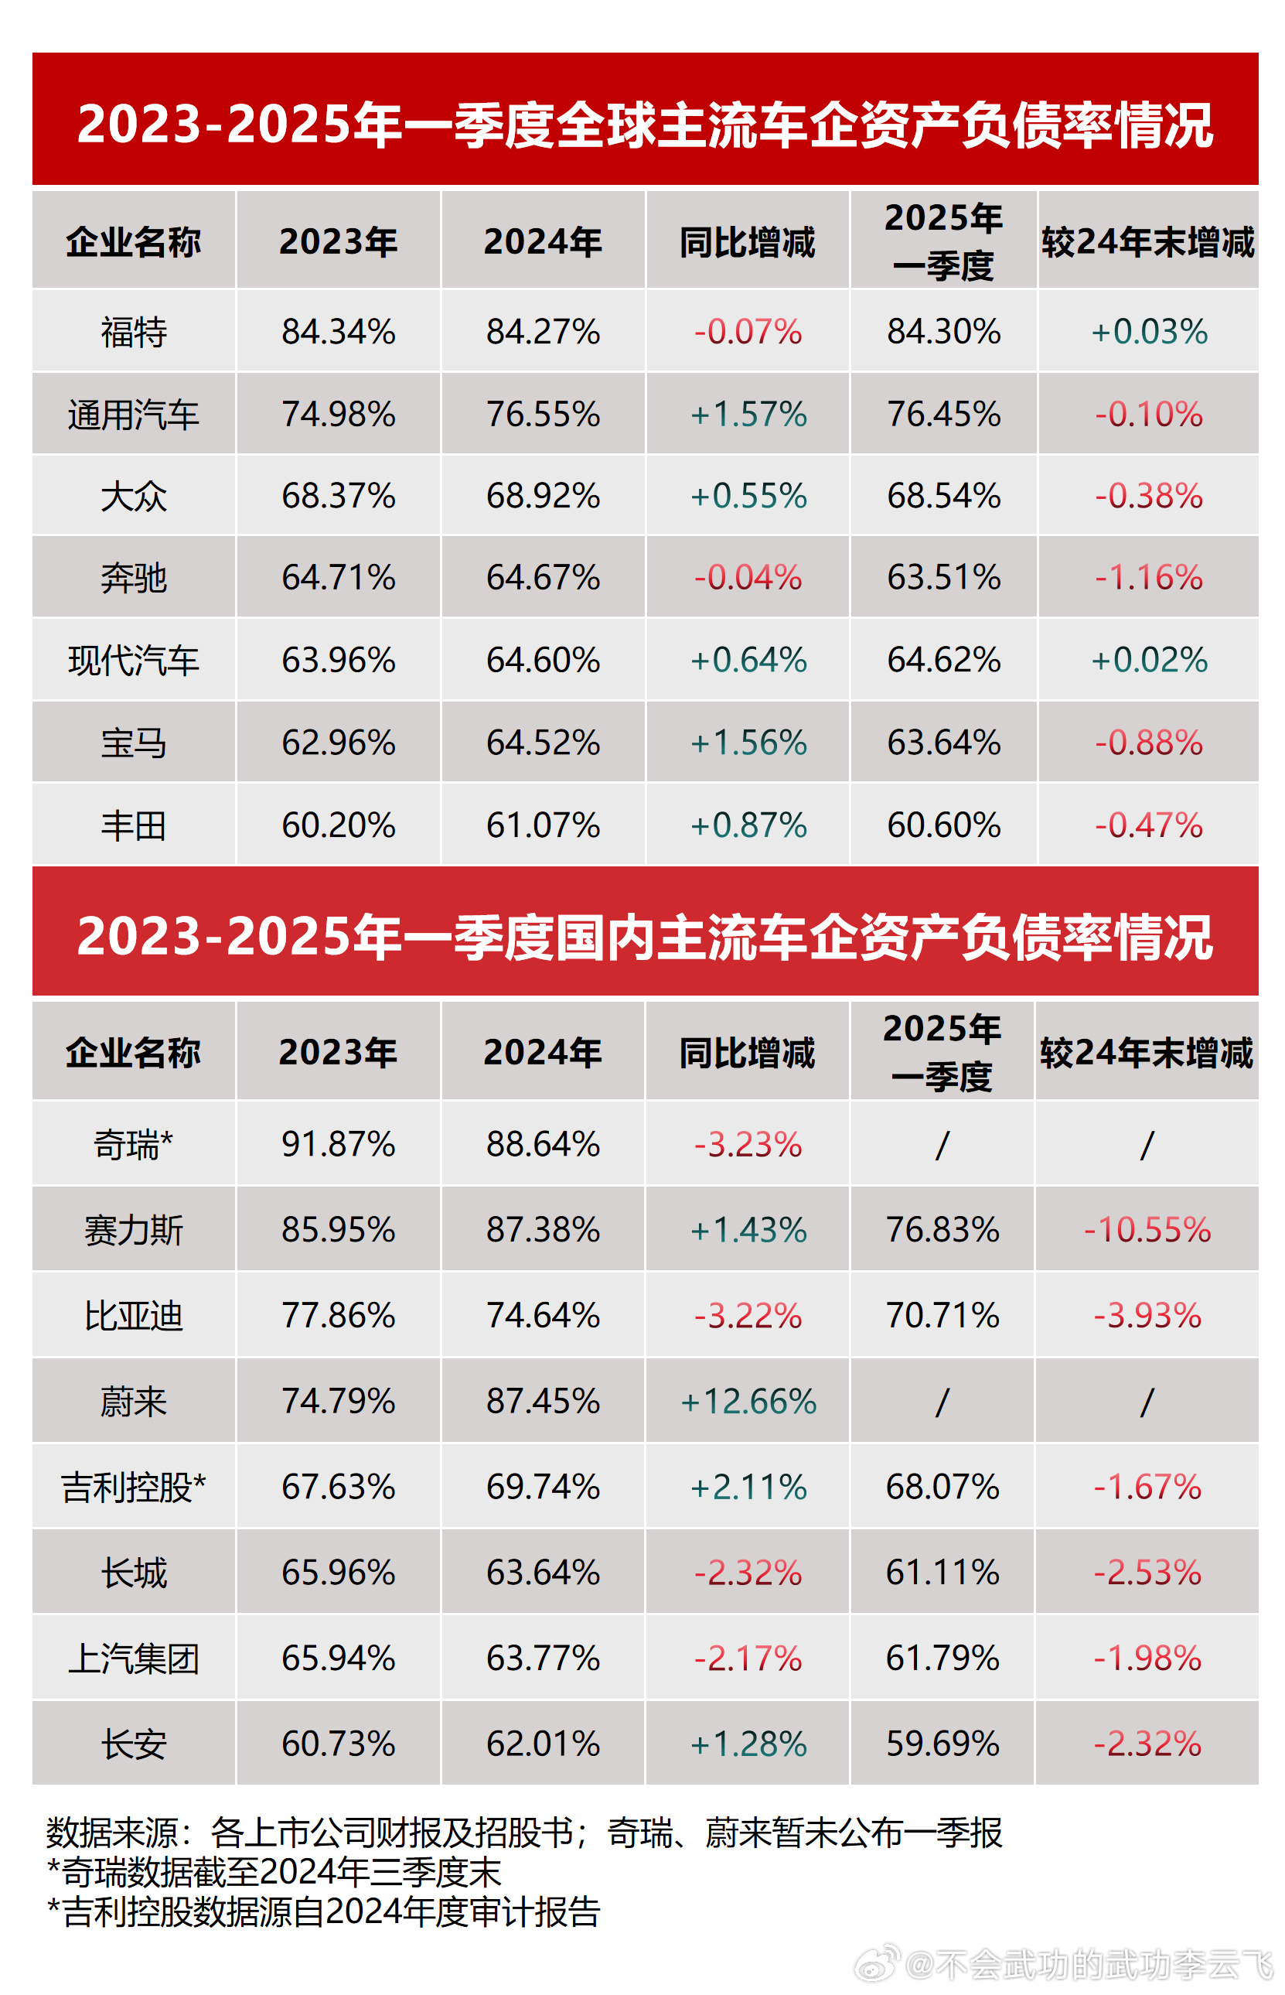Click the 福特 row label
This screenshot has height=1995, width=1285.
point(134,331)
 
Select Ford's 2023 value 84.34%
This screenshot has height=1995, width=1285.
point(338,331)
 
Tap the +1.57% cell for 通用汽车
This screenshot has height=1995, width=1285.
point(748,414)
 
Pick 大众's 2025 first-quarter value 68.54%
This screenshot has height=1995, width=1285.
point(943,496)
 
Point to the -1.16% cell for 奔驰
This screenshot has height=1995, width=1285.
point(1148,578)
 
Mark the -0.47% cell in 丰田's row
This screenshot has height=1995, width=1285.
point(1148,825)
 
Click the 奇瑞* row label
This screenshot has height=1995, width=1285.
point(134,1143)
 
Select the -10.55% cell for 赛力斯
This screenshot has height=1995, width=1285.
point(1147,1228)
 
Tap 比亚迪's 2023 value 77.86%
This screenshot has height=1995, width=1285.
point(338,1315)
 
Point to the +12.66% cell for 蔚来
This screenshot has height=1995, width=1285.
point(748,1401)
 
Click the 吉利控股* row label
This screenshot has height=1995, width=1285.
point(134,1487)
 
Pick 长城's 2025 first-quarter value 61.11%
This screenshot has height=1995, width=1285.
point(942,1572)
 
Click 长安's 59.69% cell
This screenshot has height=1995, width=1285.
point(942,1744)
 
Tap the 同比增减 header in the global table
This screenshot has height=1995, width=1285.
point(748,242)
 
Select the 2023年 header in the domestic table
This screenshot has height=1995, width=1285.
point(338,1053)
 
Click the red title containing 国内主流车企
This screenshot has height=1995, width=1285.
point(644,936)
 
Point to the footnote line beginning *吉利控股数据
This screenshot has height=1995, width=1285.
point(324,1911)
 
